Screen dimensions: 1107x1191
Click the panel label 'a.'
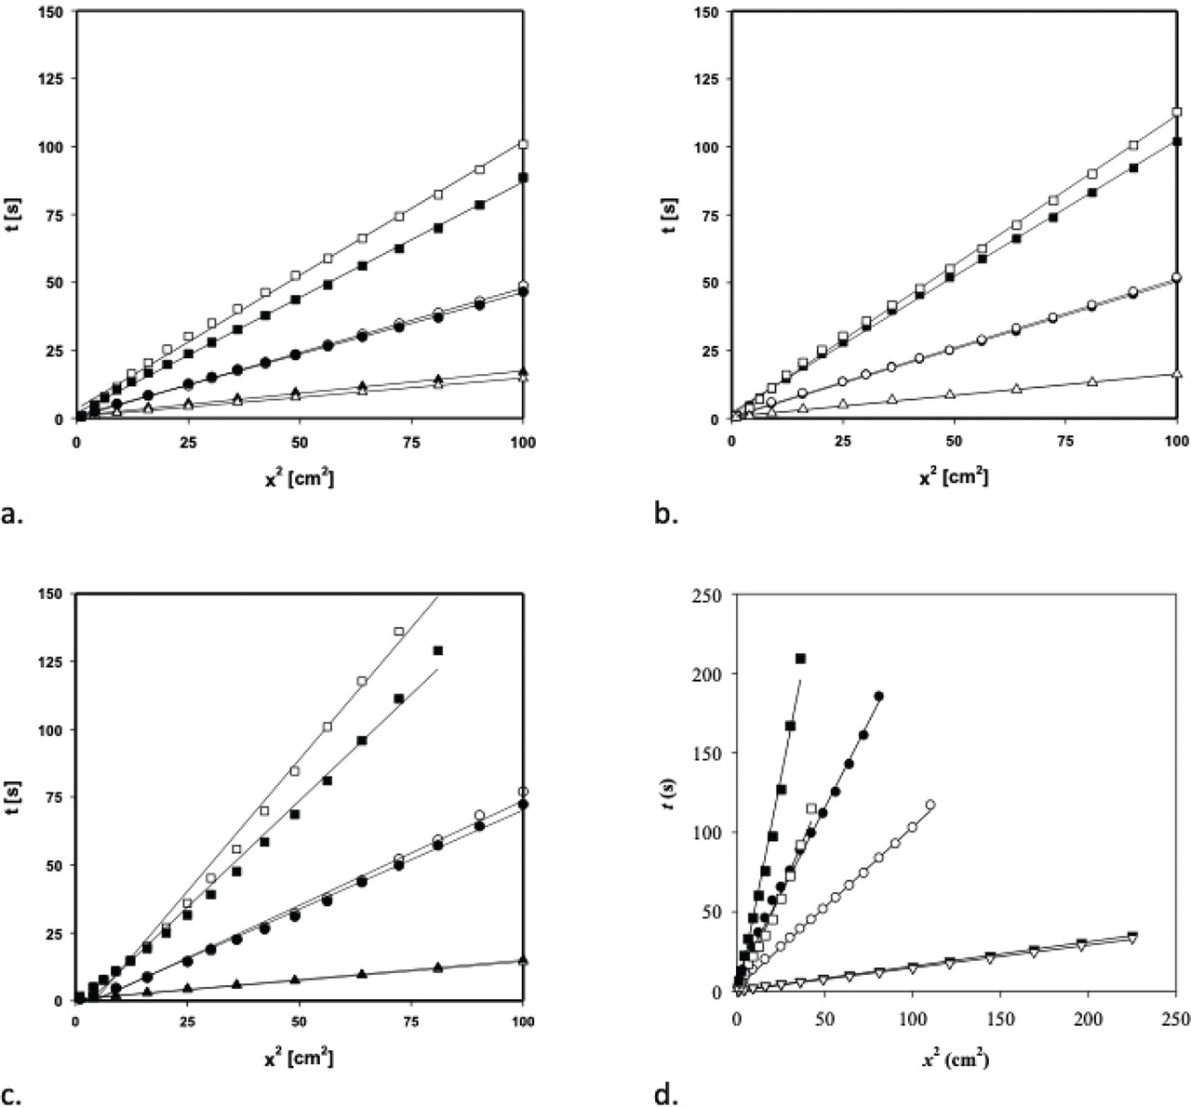[x=14, y=513]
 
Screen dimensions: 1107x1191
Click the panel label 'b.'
[x=667, y=513]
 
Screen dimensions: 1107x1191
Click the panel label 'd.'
[x=668, y=1094]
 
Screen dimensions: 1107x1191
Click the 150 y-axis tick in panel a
[x=53, y=11]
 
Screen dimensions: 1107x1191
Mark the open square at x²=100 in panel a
[x=523, y=144]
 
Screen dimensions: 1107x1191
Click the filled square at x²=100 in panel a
[x=523, y=178]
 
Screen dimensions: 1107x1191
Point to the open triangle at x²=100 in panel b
[x=1177, y=374]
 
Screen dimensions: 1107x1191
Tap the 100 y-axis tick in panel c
[x=53, y=729]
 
